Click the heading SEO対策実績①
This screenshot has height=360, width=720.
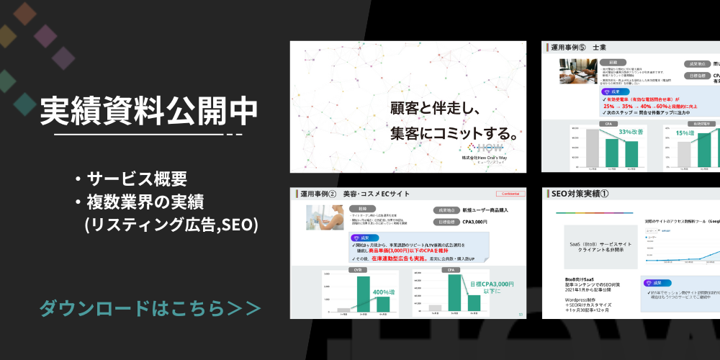click(x=580, y=194)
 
